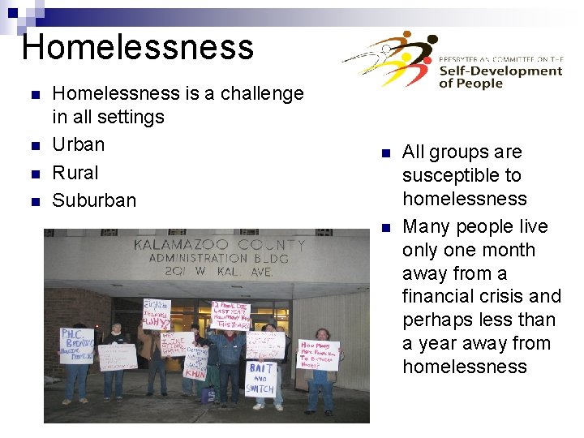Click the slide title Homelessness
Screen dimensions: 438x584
138,47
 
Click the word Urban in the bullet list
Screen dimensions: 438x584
79,144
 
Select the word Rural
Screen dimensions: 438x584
75,173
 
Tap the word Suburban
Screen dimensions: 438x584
94,200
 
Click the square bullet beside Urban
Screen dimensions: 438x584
33,146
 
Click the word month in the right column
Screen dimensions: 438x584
506,250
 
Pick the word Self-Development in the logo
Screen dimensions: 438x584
500,71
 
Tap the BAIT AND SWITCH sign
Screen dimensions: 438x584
261,379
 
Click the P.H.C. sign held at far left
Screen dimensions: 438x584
77,345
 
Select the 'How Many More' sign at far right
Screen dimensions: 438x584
319,354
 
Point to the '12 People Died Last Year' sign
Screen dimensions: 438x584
230,315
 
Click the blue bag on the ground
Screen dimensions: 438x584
208,395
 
